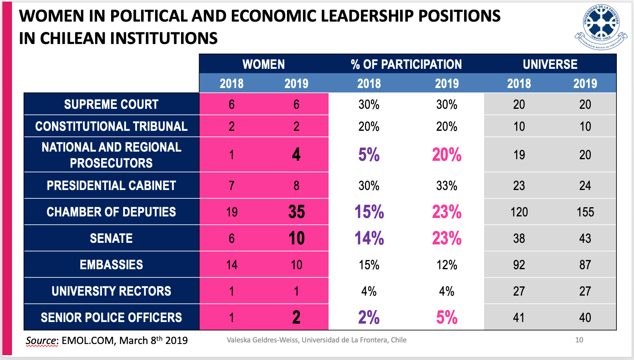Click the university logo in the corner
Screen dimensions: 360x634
(x=600, y=26)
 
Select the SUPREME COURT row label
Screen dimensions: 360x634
(x=111, y=104)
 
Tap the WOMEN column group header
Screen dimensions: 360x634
(x=263, y=64)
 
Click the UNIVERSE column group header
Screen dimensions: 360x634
(x=550, y=64)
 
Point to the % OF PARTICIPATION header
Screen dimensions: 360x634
(x=406, y=64)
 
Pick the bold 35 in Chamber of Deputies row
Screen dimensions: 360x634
(x=297, y=212)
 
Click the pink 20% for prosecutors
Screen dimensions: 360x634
(x=447, y=155)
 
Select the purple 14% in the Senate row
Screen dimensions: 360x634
(x=369, y=238)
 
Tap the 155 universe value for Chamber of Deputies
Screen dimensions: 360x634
(x=585, y=212)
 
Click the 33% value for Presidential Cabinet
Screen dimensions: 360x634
(x=447, y=186)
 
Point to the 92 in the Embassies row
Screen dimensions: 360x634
(x=519, y=265)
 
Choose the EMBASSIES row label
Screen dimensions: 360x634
(x=111, y=265)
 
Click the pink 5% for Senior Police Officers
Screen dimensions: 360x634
(x=447, y=318)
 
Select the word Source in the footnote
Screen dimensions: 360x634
(x=42, y=340)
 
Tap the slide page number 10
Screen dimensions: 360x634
(x=579, y=340)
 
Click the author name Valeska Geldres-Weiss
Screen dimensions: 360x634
(x=262, y=340)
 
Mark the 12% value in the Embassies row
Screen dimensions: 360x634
(x=447, y=265)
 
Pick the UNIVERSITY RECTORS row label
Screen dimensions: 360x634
(x=111, y=291)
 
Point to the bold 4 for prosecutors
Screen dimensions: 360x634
(x=296, y=155)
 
